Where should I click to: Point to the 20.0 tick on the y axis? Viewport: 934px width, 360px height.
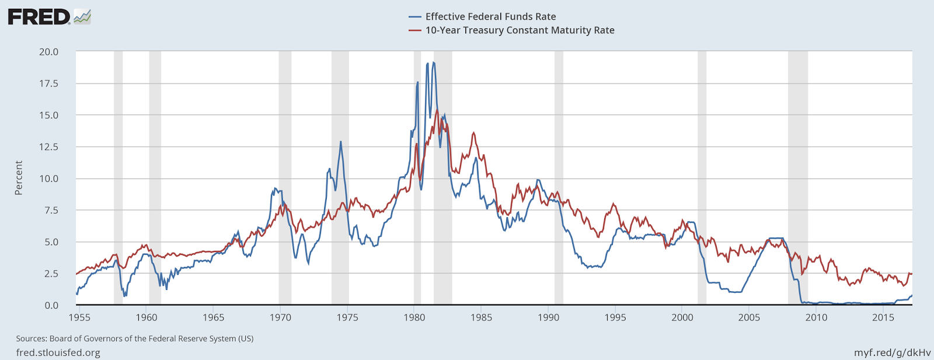point(49,52)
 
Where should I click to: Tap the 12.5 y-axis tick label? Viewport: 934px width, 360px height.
point(49,147)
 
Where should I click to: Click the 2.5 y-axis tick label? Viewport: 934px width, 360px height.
point(51,274)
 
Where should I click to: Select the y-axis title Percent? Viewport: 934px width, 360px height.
point(19,178)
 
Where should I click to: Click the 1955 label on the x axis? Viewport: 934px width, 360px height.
point(79,317)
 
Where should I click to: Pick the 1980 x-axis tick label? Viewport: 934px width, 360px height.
point(414,317)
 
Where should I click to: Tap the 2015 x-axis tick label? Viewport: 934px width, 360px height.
point(883,317)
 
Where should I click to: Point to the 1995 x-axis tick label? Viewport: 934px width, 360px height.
point(615,317)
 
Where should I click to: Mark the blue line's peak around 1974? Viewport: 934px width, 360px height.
point(341,142)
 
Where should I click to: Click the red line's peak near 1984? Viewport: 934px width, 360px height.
point(473,133)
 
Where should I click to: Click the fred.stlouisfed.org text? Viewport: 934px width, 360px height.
point(58,352)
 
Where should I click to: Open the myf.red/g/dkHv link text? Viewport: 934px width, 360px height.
point(892,352)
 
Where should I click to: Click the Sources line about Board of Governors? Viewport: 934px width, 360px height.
point(134,338)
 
